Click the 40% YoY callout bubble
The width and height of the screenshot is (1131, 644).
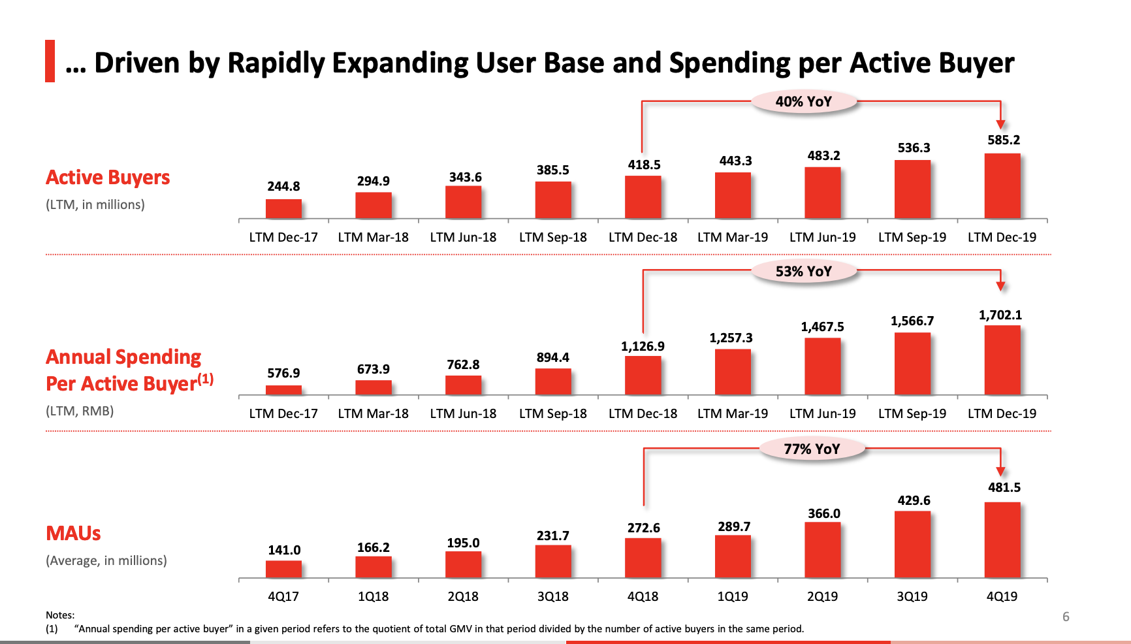click(804, 102)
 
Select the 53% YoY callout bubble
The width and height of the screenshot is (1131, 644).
click(804, 272)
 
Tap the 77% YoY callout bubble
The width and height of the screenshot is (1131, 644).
click(812, 449)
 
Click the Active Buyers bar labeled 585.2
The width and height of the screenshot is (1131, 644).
click(1002, 186)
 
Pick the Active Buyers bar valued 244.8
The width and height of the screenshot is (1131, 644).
click(283, 209)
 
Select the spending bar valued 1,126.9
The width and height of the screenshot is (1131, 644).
click(643, 376)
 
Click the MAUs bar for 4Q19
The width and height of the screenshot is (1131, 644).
click(1002, 540)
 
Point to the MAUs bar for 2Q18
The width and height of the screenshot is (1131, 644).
click(464, 565)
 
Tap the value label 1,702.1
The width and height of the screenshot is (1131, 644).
click(1000, 315)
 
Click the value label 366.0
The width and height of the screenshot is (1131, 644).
click(824, 513)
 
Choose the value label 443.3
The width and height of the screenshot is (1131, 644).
click(735, 161)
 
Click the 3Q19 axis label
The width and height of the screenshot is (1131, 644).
click(912, 596)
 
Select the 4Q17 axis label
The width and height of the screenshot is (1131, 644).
click(283, 596)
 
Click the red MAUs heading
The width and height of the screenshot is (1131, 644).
click(73, 534)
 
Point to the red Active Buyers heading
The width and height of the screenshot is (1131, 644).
click(108, 178)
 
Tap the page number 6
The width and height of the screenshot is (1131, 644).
click(1066, 617)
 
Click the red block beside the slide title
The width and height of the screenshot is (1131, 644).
click(50, 61)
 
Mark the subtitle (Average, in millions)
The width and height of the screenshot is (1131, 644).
click(106, 560)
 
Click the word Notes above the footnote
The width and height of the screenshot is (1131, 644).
click(60, 615)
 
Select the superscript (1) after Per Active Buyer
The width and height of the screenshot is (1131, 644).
click(206, 379)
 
